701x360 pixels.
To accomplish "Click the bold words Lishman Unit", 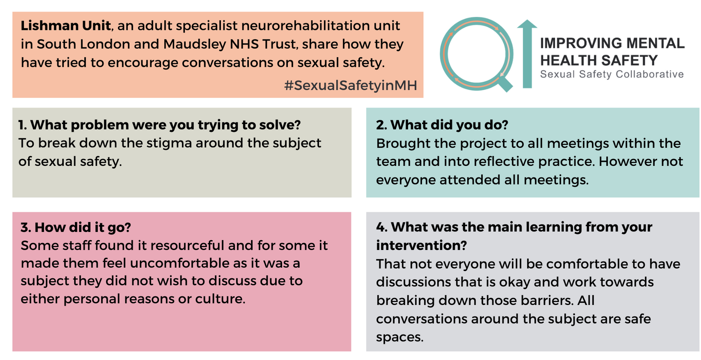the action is [x=66, y=25].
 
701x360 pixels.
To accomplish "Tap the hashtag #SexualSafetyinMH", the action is [x=351, y=85].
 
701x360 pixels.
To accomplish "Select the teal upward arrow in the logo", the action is [x=527, y=54].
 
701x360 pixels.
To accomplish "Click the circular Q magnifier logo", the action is [x=476, y=55].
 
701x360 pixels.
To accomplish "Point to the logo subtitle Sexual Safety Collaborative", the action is [x=612, y=74].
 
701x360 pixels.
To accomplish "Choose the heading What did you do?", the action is [x=442, y=125].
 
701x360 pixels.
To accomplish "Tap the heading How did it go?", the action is [x=76, y=227].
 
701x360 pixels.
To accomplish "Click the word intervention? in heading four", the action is [x=421, y=245].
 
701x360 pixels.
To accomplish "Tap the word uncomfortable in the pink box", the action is [x=179, y=264].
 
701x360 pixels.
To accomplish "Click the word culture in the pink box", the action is [x=220, y=299].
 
